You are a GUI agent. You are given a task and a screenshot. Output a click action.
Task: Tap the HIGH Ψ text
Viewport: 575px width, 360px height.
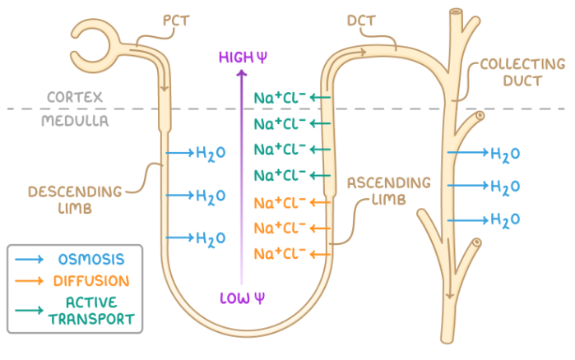(240, 56)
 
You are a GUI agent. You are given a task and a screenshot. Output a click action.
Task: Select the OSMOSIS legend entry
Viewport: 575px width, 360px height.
(91, 259)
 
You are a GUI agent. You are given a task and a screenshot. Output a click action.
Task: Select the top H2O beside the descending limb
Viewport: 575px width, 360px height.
(210, 153)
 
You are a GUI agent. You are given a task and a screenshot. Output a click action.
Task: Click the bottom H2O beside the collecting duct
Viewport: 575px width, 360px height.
(504, 219)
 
